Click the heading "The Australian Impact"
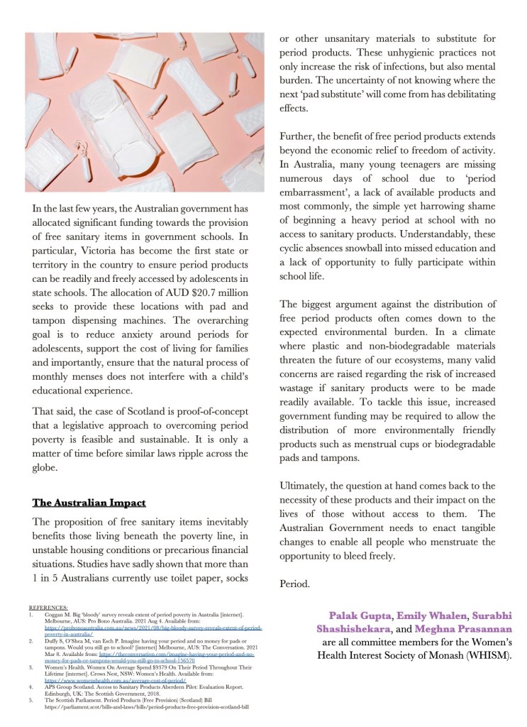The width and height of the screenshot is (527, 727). tap(89, 503)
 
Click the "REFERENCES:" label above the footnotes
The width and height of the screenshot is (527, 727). tap(48, 608)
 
